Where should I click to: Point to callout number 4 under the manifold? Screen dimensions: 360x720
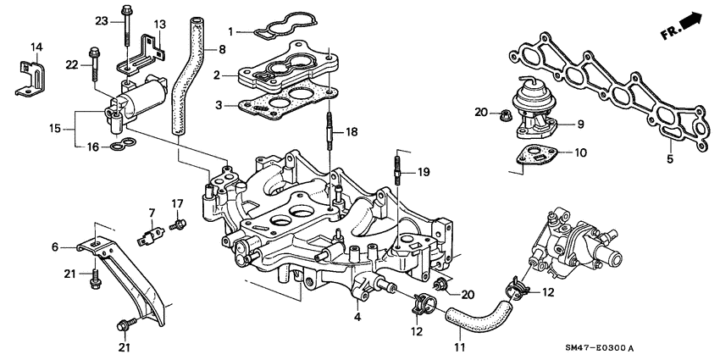click(357, 318)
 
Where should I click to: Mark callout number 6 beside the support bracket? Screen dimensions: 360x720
click(55, 246)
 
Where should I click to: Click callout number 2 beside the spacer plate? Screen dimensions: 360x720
click(217, 76)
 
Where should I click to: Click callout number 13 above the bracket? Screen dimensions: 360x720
click(160, 23)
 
